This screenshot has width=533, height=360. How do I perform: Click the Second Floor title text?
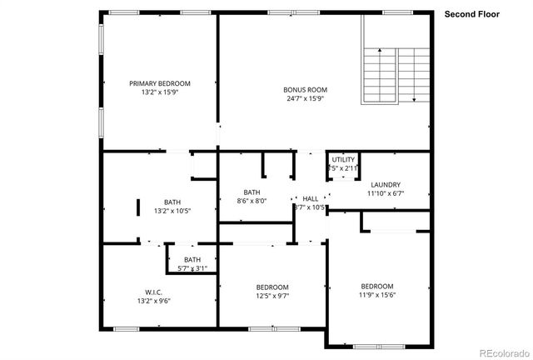[x=471, y=14]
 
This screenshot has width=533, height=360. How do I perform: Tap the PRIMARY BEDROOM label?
[x=160, y=83]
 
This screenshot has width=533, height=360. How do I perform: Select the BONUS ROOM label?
[x=306, y=89]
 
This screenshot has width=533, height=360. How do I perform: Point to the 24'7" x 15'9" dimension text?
[x=306, y=98]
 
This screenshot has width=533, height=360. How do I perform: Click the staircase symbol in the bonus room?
[x=394, y=74]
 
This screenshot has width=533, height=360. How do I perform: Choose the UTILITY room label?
[x=343, y=159]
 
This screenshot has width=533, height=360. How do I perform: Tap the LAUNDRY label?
[x=386, y=185]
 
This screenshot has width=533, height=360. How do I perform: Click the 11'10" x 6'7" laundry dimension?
[x=386, y=193]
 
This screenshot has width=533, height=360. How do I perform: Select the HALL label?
[x=310, y=198]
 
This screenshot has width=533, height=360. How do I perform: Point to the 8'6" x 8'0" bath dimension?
[x=252, y=201]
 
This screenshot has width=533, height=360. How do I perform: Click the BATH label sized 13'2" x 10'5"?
[x=172, y=202]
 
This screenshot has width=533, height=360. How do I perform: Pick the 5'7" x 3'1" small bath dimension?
[x=192, y=268]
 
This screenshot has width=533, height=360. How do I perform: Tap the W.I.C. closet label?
[x=153, y=292]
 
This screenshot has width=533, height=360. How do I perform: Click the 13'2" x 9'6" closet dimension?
[x=153, y=301]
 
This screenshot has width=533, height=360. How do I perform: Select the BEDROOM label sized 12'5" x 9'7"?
[x=272, y=287]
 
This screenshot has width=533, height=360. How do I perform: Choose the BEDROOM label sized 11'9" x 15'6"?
[x=376, y=285]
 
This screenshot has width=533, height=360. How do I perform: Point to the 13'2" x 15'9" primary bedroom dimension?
[x=160, y=92]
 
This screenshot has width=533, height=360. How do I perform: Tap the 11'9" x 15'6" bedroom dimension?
[x=376, y=294]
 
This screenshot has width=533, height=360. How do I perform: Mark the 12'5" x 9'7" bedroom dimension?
[x=272, y=297]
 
